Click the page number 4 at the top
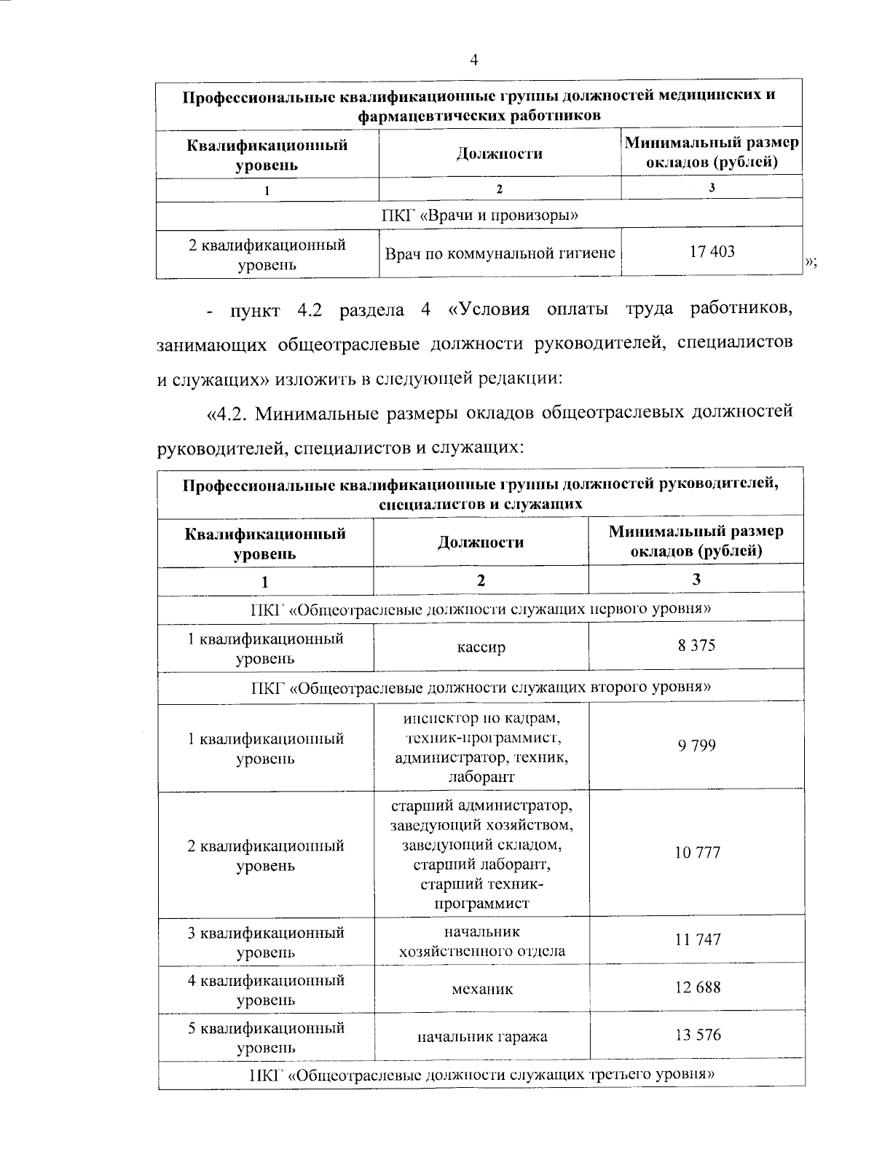pyautogui.click(x=474, y=61)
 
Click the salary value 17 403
pyautogui.click(x=712, y=252)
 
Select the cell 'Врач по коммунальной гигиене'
pyautogui.click(x=500, y=253)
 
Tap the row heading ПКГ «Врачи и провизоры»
pyautogui.click(x=480, y=215)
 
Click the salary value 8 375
pyautogui.click(x=696, y=645)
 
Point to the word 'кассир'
pyautogui.click(x=481, y=647)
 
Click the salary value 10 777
pyautogui.click(x=697, y=853)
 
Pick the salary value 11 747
pyautogui.click(x=697, y=939)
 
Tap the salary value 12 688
pyautogui.click(x=697, y=987)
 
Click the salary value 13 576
pyautogui.click(x=697, y=1035)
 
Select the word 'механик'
pyautogui.click(x=481, y=989)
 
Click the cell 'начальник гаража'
pyautogui.click(x=481, y=1037)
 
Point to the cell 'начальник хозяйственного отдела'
pyautogui.click(x=481, y=942)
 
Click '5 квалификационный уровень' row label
pyautogui.click(x=265, y=1038)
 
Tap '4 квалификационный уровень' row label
pyautogui.click(x=265, y=990)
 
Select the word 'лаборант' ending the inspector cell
pyautogui.click(x=481, y=777)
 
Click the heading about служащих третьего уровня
pyautogui.click(x=481, y=1074)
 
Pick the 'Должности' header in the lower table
pyautogui.click(x=481, y=542)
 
